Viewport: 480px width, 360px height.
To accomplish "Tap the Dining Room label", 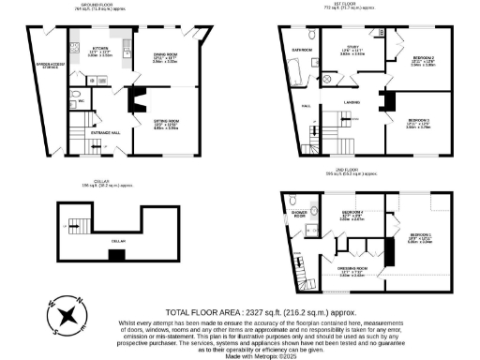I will pyautogui.click(x=165, y=56).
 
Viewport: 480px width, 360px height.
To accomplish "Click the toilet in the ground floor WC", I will pyautogui.click(x=74, y=94).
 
